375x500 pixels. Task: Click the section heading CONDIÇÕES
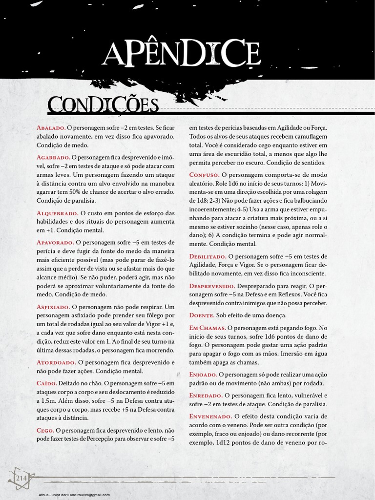(x=103, y=105)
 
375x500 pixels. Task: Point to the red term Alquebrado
(x=57, y=213)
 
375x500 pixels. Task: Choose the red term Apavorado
(x=55, y=242)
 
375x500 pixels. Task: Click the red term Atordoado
(x=56, y=362)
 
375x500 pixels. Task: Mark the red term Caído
(x=46, y=384)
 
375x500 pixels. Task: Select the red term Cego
(x=45, y=430)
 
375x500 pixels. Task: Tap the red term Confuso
(x=204, y=175)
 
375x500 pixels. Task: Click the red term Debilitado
(x=208, y=256)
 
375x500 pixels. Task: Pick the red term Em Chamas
(x=208, y=329)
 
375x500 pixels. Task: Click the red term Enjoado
(x=203, y=375)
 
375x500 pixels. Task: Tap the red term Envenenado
(x=210, y=417)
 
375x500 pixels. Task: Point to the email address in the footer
(x=74, y=495)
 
